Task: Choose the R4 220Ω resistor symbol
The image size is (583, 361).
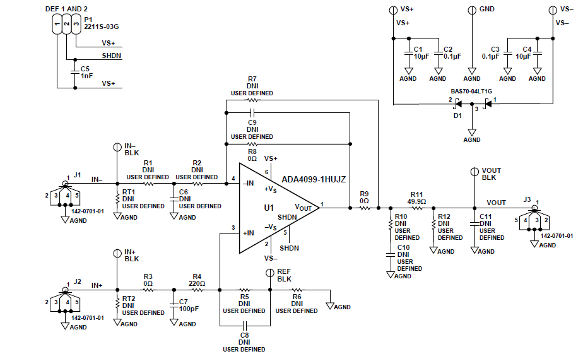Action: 197,290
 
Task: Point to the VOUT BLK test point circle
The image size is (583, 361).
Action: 474,172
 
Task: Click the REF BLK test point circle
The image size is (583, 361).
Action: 269,273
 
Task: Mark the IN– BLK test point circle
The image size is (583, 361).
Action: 117,147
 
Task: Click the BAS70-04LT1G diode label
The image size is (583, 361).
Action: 472,90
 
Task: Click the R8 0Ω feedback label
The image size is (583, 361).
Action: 252,155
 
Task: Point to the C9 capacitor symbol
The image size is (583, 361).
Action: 252,113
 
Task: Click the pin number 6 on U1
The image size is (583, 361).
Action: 266,172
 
